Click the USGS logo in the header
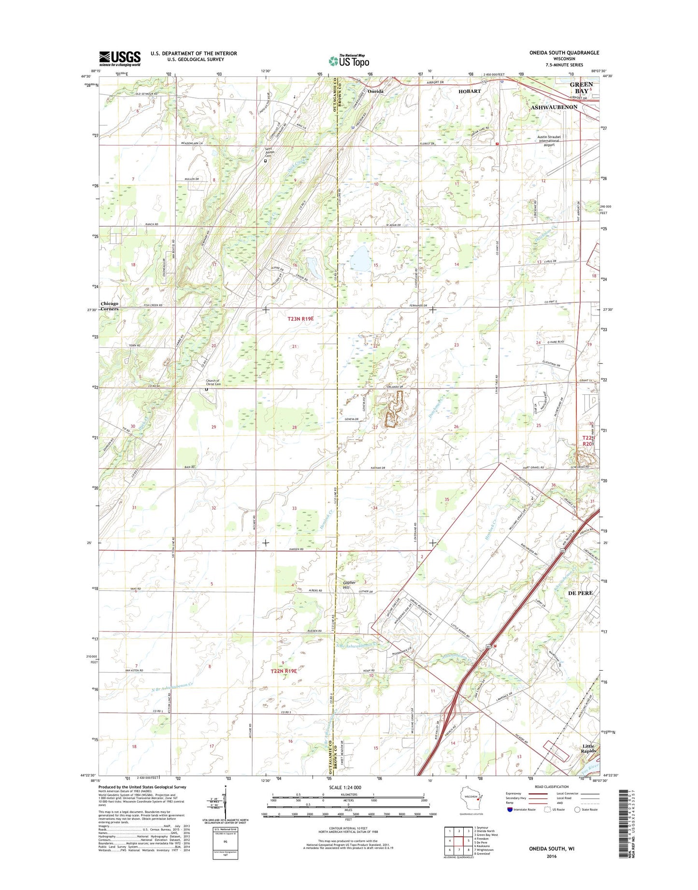click(x=120, y=58)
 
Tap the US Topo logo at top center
click(x=349, y=60)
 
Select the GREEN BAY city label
click(x=581, y=87)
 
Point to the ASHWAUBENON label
click(x=554, y=107)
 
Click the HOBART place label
click(x=470, y=91)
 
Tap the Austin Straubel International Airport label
click(x=549, y=141)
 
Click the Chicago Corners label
click(x=109, y=306)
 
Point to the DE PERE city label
click(x=580, y=592)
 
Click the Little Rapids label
click(x=588, y=748)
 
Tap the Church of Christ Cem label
click(x=213, y=383)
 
